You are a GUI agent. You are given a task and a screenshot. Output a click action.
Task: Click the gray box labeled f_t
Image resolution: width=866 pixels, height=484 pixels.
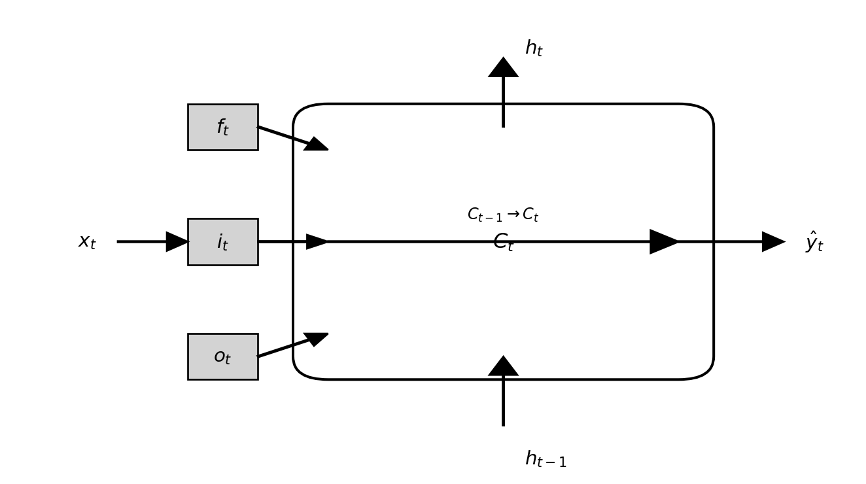tap(222, 127)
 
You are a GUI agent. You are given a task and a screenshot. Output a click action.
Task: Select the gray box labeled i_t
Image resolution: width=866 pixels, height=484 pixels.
tap(222, 242)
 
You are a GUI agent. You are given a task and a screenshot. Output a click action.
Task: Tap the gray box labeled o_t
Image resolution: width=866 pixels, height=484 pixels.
tap(222, 356)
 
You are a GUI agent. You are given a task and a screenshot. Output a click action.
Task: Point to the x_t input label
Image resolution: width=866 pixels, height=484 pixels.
tap(87, 242)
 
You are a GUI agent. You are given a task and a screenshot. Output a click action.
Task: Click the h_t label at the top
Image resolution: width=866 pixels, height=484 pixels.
tap(534, 48)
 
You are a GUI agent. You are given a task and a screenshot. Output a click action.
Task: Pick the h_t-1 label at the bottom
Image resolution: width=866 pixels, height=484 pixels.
tap(546, 459)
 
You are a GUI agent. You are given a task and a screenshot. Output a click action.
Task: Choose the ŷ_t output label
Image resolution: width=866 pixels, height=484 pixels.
tap(814, 242)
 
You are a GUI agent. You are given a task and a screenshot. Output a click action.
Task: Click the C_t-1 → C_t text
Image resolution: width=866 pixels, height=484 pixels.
tap(503, 215)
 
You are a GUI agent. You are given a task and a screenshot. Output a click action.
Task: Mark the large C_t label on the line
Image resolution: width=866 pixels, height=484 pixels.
tap(503, 243)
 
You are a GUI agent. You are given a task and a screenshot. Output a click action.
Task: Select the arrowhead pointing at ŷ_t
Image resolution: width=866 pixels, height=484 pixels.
tap(772, 242)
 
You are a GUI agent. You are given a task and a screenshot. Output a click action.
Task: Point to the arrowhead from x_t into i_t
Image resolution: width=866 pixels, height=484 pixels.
tap(176, 242)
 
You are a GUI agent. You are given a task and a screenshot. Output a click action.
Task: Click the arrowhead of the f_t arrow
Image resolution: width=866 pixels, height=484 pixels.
tap(317, 145)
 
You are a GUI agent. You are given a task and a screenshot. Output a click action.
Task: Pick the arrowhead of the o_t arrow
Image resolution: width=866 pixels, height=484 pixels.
tap(317, 338)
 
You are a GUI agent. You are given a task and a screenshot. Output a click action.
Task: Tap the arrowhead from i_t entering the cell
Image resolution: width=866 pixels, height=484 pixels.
tap(316, 242)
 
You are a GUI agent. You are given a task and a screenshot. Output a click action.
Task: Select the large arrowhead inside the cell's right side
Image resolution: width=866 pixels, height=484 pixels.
tap(663, 242)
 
